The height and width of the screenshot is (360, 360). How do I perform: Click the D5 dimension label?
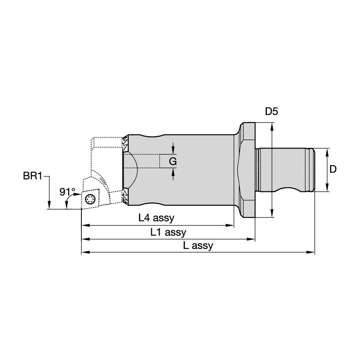click(x=271, y=112)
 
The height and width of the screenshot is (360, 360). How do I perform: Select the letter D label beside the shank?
click(x=333, y=169)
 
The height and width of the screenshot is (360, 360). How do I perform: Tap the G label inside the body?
click(x=172, y=161)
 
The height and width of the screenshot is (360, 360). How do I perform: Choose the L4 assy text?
click(x=156, y=218)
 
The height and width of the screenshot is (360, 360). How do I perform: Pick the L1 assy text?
click(x=168, y=232)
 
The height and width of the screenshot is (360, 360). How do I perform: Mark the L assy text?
click(x=198, y=246)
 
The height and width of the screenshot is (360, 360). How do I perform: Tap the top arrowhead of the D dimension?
click(x=328, y=151)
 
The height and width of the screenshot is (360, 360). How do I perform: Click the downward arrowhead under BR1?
click(x=49, y=205)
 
